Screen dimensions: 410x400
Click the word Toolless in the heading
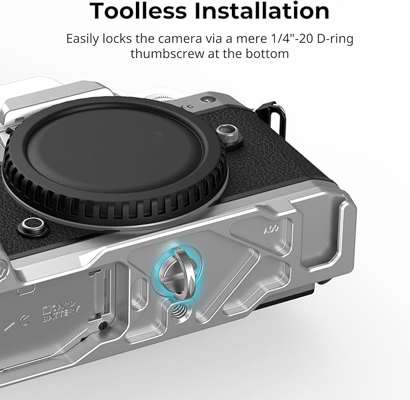[138, 11]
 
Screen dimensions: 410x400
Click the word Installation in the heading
[262, 11]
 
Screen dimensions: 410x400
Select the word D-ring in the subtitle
[335, 39]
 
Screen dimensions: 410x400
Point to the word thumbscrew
[167, 54]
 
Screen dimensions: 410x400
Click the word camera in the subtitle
[180, 39]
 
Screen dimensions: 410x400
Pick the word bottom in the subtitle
[267, 54]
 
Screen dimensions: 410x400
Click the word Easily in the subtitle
[82, 39]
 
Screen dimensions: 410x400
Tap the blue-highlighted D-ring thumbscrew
[178, 273]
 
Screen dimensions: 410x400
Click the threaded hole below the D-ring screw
[178, 310]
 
